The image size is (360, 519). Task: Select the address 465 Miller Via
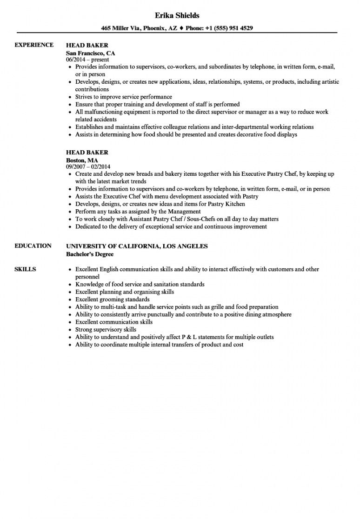pos(122,28)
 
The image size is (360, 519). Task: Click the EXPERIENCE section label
pos(33,45)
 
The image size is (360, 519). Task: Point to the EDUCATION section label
pos(33,246)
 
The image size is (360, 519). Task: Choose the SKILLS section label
pos(26,269)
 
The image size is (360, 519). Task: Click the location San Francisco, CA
pos(90,53)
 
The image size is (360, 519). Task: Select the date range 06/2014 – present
pos(87,60)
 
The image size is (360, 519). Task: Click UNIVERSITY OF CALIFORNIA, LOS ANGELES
pos(137,246)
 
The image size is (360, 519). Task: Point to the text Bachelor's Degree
pos(90,254)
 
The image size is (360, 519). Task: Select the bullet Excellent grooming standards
pos(113,299)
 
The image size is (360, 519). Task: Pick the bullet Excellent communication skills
pos(114,322)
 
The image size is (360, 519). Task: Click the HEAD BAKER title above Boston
pos(87,153)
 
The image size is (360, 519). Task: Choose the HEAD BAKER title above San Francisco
pos(87,45)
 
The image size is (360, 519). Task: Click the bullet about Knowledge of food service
pos(140,284)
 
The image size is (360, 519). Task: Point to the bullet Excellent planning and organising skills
pos(125,292)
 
